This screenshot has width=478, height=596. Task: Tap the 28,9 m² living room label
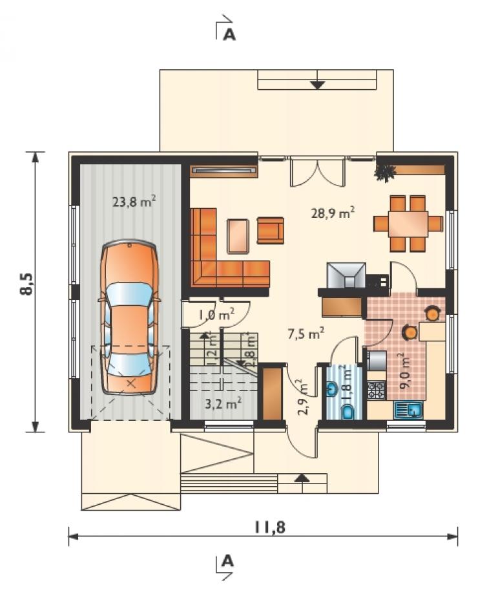(x=333, y=212)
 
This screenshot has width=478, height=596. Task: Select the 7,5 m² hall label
(x=306, y=334)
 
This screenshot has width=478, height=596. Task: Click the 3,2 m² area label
(x=223, y=403)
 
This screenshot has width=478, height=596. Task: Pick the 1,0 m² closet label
(x=216, y=314)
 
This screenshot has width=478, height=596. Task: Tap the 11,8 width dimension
(x=269, y=527)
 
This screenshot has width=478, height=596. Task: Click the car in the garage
(x=129, y=317)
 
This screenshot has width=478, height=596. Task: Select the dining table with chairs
(x=408, y=223)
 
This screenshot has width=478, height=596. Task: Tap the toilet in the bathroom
(x=348, y=411)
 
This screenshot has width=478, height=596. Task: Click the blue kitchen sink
(x=408, y=410)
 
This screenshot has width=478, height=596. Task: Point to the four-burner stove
(x=377, y=390)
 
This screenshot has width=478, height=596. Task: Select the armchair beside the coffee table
(x=271, y=230)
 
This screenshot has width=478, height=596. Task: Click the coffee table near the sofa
(x=238, y=236)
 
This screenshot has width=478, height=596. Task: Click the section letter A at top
(x=229, y=35)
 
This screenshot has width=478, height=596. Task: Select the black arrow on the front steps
(x=302, y=478)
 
